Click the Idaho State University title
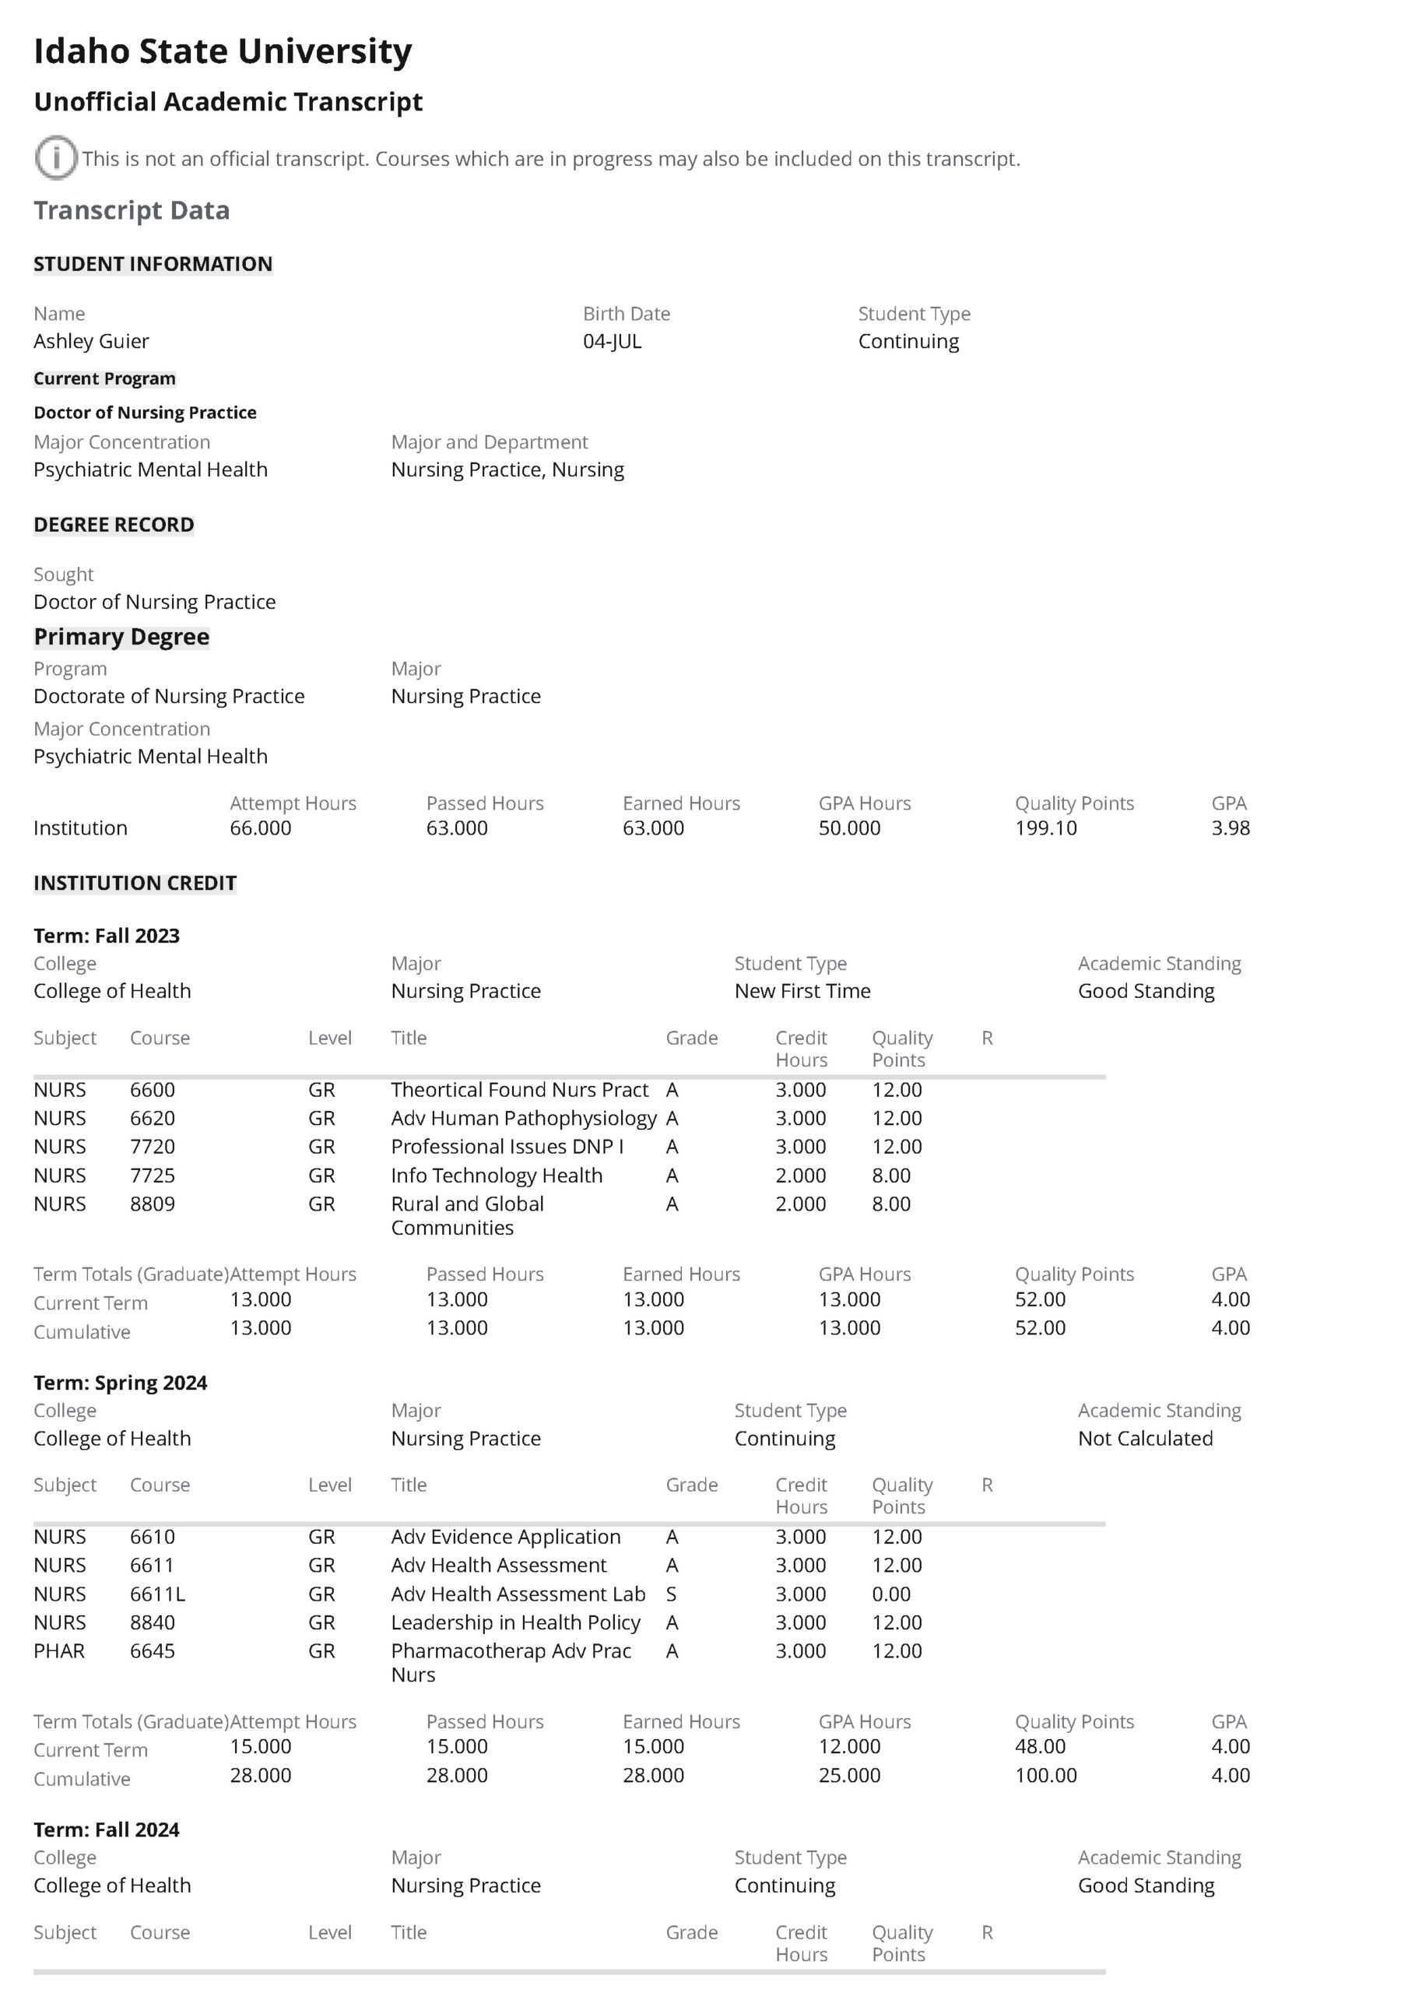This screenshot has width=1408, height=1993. (223, 51)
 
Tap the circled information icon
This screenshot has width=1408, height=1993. (55, 158)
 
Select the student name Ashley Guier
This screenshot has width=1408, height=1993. (91, 341)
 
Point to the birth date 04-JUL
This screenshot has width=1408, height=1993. (612, 341)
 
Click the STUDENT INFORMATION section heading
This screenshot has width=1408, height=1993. (153, 264)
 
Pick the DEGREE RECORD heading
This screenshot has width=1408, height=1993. (114, 524)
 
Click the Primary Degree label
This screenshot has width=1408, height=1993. (121, 636)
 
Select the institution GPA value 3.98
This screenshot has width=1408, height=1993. (1230, 828)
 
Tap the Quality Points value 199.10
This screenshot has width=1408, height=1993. (1045, 828)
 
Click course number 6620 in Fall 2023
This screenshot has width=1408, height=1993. (152, 1118)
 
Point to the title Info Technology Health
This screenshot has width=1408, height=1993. (496, 1176)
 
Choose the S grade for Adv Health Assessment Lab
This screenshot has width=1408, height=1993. (671, 1594)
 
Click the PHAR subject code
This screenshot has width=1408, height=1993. (59, 1651)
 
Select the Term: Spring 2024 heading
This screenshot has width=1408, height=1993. (120, 1382)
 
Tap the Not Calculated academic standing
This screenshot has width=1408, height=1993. (1145, 1439)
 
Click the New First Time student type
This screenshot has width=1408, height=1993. (802, 990)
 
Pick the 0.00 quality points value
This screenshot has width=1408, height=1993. (890, 1594)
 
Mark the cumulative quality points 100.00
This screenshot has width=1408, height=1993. (1045, 1775)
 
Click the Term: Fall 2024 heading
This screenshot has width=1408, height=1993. (106, 1830)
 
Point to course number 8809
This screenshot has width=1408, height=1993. (152, 1204)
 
